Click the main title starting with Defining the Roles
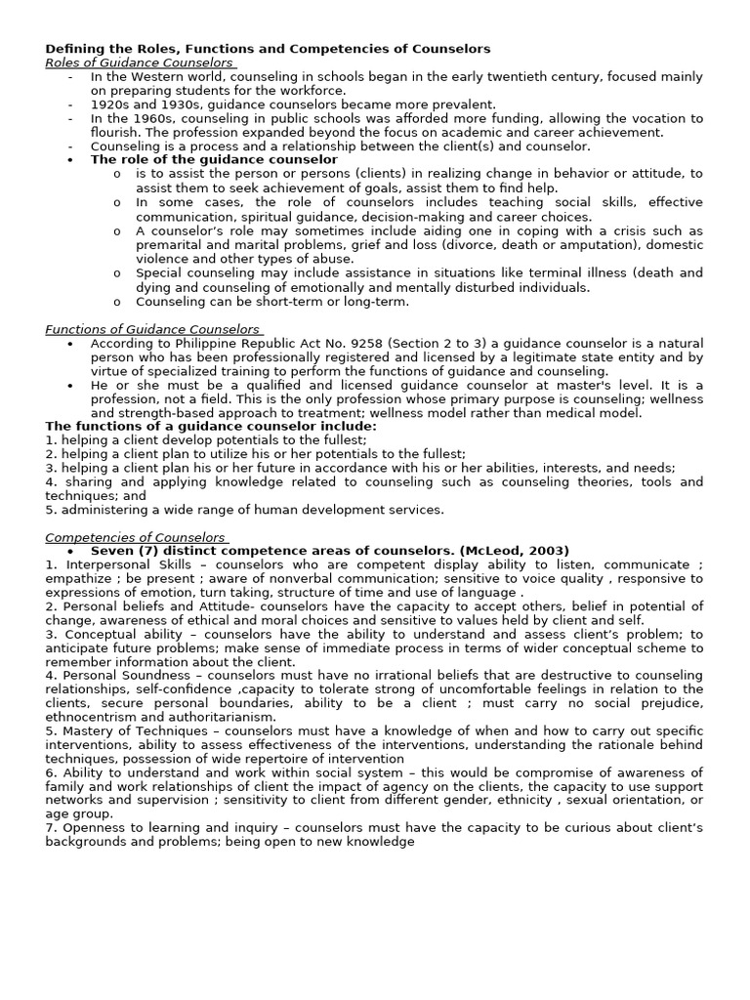268,49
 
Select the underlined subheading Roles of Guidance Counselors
139,62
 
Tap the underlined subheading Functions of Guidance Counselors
151,329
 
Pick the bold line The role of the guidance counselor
214,159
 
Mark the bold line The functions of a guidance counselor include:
210,426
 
